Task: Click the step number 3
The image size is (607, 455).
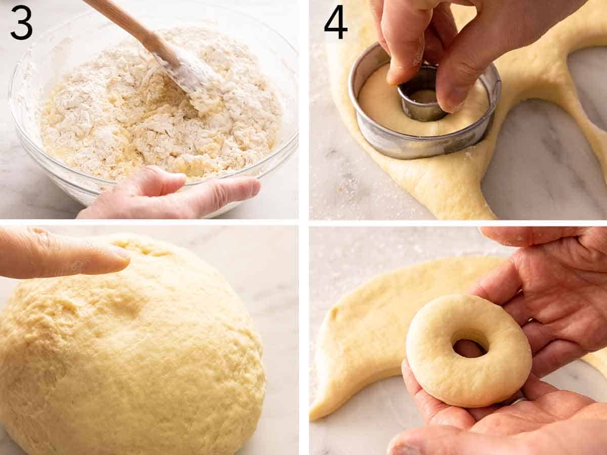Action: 21,22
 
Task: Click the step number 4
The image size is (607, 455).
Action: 335,22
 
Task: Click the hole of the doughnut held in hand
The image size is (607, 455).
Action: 469,346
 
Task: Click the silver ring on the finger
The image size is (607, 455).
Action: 518,401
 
